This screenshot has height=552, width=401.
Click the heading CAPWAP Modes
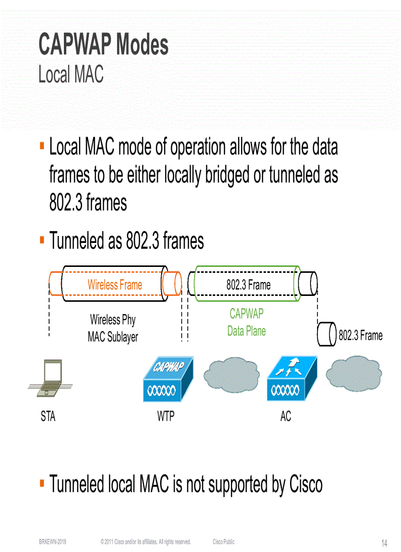coord(104,45)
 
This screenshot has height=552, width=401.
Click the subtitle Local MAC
coord(71,75)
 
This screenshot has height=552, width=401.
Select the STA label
coord(48,417)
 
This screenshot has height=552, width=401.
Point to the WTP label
coord(166,417)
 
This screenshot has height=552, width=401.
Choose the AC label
coord(286,417)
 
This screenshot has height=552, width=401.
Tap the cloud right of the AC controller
coord(354,376)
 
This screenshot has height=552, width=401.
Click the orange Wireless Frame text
coord(115,285)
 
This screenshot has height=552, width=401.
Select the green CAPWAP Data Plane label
coord(247,322)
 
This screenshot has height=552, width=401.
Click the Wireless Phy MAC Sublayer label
coord(113,328)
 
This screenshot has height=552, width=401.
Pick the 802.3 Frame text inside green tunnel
coord(248,285)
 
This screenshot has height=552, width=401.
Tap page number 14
coord(384,543)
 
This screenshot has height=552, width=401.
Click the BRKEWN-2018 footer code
coord(53,542)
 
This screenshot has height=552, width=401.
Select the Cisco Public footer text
coord(224,542)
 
